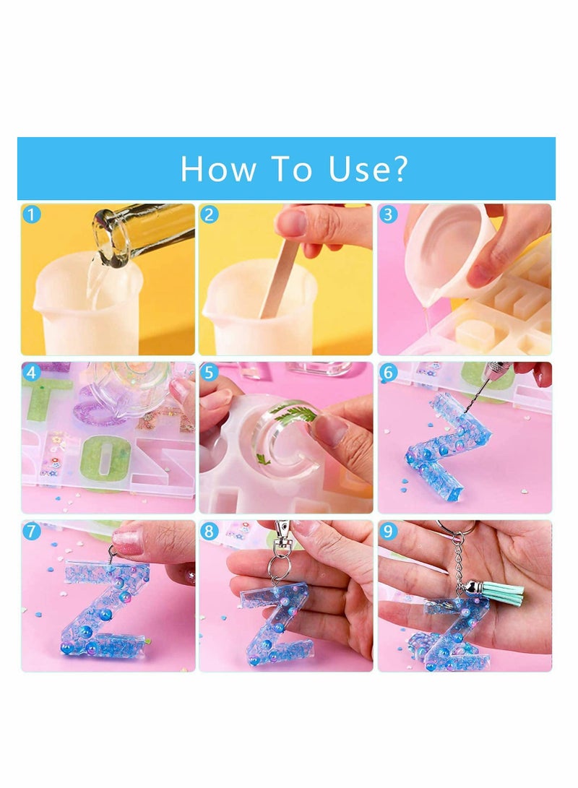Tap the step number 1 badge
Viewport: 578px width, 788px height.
30,214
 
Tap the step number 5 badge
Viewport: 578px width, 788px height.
208,373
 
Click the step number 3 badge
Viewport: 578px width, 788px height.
387,214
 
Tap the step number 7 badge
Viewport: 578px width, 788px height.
30,532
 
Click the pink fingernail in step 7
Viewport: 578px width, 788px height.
127,541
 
